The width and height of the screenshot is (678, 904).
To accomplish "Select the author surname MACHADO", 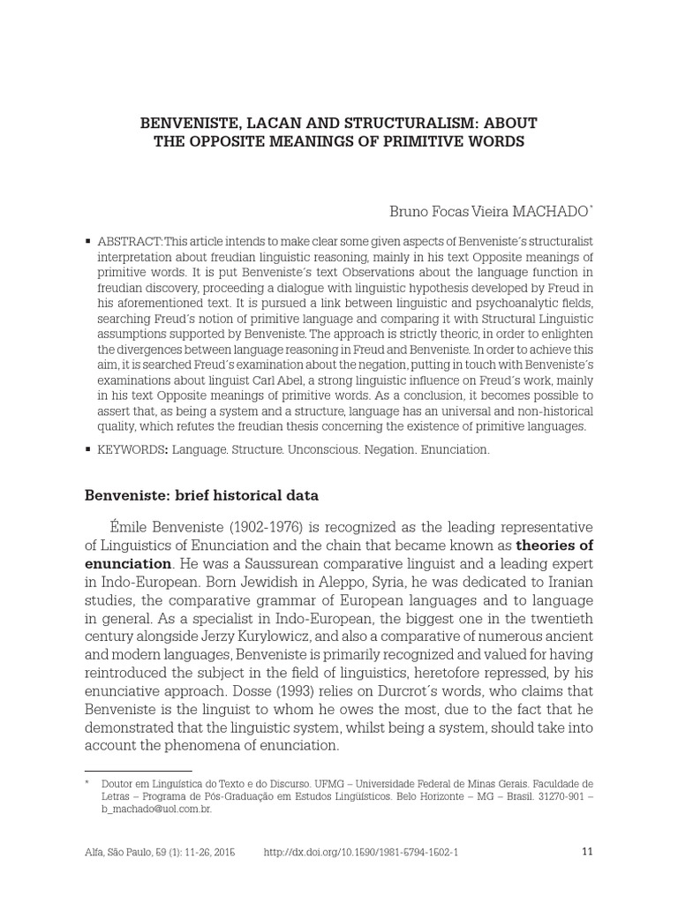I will (x=549, y=212).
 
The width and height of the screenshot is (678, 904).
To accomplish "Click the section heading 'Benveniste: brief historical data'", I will (x=201, y=495).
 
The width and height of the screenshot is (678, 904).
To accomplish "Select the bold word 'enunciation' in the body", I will (x=127, y=563).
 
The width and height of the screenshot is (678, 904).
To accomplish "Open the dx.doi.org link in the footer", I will (x=361, y=852).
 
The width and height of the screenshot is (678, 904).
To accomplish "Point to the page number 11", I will (x=588, y=852).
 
